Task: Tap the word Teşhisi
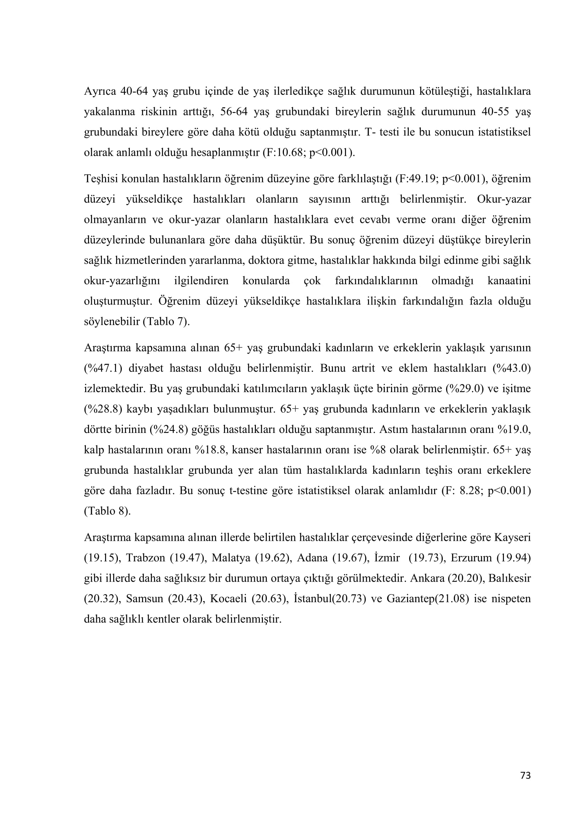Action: (x=101, y=178)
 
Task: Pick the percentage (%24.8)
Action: (x=169, y=429)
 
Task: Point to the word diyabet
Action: (x=146, y=368)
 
